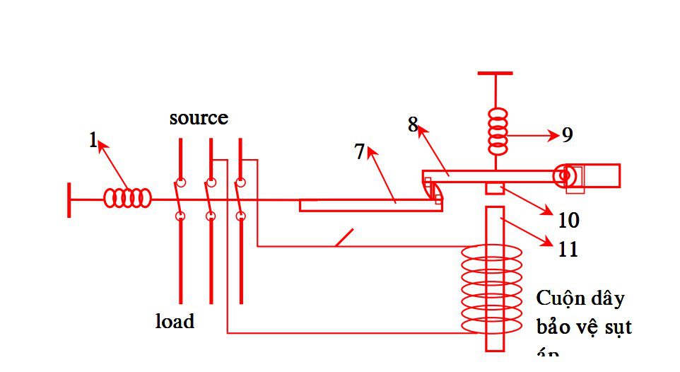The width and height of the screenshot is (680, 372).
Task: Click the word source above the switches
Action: (x=199, y=117)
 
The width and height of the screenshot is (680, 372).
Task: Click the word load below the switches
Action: (x=175, y=321)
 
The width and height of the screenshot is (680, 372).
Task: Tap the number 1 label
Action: (x=93, y=140)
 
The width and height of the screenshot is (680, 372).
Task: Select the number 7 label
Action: (x=359, y=151)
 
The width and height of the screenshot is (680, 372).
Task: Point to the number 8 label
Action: (x=413, y=124)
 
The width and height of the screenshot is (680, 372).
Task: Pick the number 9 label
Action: (x=567, y=135)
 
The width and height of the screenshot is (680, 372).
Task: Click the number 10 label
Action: (x=568, y=221)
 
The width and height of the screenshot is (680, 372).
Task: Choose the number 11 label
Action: (x=568, y=249)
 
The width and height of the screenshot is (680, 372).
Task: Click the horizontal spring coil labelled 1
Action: (x=128, y=198)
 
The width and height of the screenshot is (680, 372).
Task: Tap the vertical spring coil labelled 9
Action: (x=499, y=132)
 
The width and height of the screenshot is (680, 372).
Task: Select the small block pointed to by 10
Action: (x=494, y=188)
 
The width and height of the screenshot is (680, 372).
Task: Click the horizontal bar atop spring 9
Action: (x=495, y=73)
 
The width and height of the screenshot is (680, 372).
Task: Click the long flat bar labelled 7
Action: (x=368, y=205)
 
